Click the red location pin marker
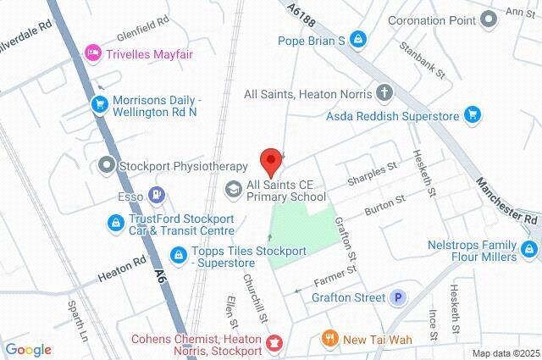pos(270,158)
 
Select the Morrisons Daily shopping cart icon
pos(100,104)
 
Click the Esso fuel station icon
pos(155,195)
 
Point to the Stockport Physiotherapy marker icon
pos(108,165)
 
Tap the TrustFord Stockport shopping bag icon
pos(114,223)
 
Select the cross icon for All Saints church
pos(384,93)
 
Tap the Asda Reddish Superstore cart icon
pos(472,115)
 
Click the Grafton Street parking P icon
pos(397,297)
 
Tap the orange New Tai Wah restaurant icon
pos(329,339)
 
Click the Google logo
pos(28,350)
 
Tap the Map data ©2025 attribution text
pos(506,353)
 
